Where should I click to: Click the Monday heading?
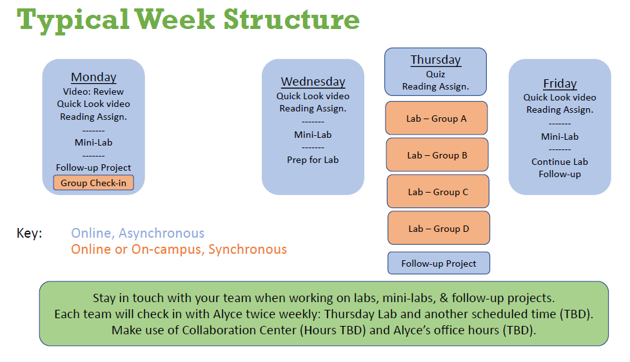(94, 77)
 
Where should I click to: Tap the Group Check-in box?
(94, 182)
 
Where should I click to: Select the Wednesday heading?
(313, 81)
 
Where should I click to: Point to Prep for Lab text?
(313, 160)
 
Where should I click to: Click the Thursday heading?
(435, 60)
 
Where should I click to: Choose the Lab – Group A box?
(437, 118)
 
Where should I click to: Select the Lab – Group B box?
(437, 155)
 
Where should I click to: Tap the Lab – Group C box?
(438, 191)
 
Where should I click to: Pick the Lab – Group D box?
(438, 228)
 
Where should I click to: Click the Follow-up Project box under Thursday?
(438, 263)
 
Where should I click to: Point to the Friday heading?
(560, 84)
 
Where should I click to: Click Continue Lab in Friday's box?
(560, 162)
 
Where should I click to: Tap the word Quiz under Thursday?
(435, 74)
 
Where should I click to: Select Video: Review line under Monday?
(94, 91)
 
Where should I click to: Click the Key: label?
(29, 233)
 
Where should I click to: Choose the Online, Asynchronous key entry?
(138, 233)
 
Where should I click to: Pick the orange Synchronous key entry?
(179, 249)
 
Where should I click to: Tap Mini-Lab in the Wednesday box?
(313, 135)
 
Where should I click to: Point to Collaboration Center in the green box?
(239, 330)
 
